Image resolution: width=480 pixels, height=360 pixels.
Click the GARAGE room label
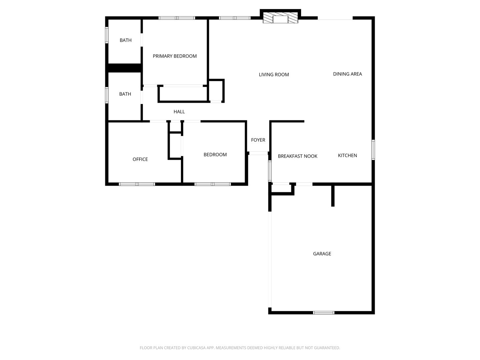322,254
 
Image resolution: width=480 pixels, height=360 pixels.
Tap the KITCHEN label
347,155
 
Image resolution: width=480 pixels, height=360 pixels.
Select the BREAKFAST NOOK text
297,156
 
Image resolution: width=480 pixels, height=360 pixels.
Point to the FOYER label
258,140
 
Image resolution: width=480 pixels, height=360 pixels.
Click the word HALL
179,112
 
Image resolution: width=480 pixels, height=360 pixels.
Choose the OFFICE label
140,159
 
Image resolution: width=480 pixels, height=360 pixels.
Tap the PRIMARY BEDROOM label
175,56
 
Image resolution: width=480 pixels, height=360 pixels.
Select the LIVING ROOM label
274,75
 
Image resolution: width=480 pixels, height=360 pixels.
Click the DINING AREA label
347,74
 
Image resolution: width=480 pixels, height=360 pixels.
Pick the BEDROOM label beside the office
215,155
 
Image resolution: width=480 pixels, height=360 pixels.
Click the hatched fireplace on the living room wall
280,19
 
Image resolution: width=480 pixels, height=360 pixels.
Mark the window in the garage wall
323,313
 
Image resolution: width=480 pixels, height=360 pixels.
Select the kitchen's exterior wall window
373,150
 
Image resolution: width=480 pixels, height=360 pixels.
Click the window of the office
137,184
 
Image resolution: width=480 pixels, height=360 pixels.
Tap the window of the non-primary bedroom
213,184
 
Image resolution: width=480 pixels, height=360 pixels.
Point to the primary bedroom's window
177,18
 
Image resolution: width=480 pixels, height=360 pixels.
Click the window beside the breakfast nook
270,171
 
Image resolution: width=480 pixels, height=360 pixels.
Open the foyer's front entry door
258,153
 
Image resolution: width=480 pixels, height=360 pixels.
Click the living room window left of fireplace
234,18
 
